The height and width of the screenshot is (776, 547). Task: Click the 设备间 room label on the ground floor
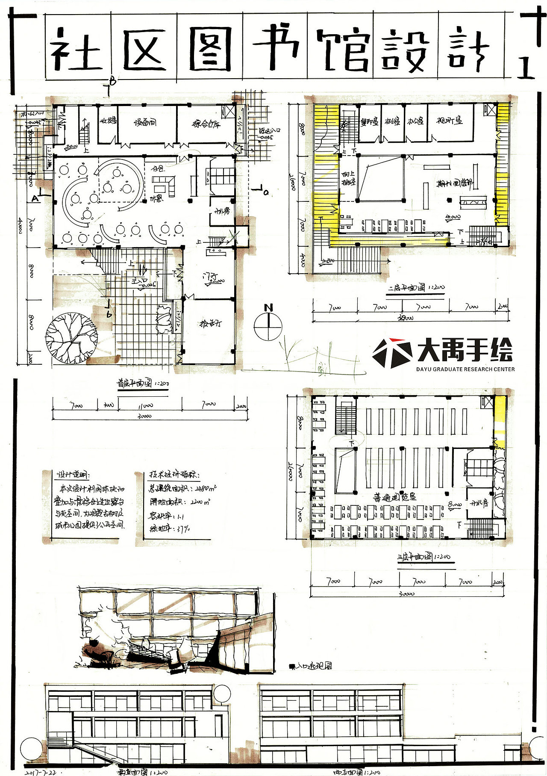[x=145, y=123]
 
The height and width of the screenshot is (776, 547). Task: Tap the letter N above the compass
[x=268, y=307]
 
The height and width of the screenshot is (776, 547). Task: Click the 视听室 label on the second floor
[x=449, y=121]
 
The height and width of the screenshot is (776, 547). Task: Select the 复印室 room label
[x=369, y=122]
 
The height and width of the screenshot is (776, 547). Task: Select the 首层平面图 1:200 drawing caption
[x=143, y=384]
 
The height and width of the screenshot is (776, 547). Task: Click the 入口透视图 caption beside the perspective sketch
[x=314, y=666]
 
